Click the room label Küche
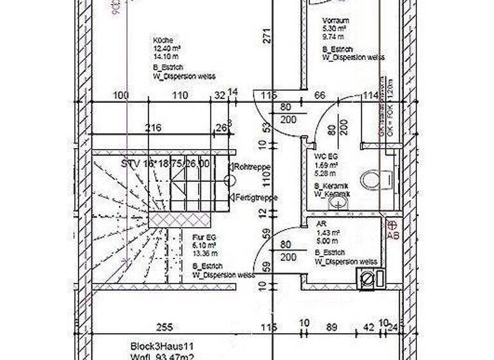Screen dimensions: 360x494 pyautogui.click(x=163, y=39)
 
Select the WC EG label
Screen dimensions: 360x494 pyautogui.click(x=325, y=157)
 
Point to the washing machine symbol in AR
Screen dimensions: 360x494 pyautogui.click(x=367, y=278)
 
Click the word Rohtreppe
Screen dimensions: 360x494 pyautogui.click(x=252, y=166)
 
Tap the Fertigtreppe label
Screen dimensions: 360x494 pyautogui.click(x=256, y=197)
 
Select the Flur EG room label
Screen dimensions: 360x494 pyautogui.click(x=206, y=237)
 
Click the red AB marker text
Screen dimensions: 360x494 pyautogui.click(x=392, y=235)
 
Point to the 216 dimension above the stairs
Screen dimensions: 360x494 pyautogui.click(x=153, y=127)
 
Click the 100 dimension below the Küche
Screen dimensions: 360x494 pyautogui.click(x=120, y=95)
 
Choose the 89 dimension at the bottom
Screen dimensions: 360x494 pyautogui.click(x=331, y=327)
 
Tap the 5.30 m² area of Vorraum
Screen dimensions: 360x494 pyautogui.click(x=334, y=29)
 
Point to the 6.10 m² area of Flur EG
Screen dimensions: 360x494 pyautogui.click(x=205, y=245)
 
